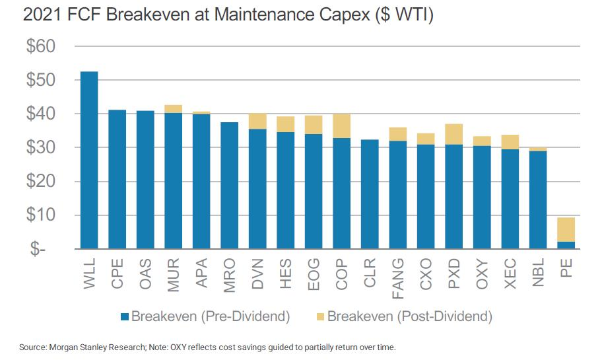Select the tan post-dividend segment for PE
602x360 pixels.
[566, 229]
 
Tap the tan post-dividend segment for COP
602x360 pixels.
[342, 126]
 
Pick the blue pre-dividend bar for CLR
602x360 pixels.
[370, 195]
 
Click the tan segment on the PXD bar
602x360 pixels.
[453, 134]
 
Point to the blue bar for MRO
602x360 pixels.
[230, 186]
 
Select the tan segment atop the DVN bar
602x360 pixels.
[257, 121]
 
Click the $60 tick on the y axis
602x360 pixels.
[41, 47]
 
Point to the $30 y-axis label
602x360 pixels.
[41, 148]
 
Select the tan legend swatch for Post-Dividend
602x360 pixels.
[319, 316]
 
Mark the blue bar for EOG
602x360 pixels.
[314, 192]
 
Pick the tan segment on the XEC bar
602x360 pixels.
[510, 142]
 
